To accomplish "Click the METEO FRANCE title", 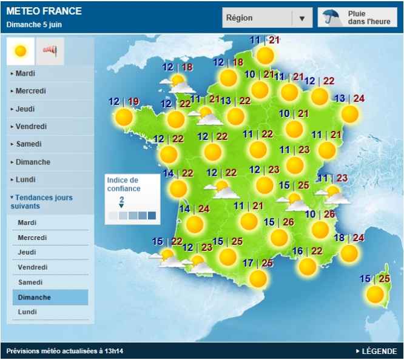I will tap(44, 11).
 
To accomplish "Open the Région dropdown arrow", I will tap(301, 18).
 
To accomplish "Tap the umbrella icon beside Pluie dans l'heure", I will tap(331, 17).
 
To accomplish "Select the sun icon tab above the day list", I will tap(21, 52).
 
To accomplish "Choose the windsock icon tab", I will tap(49, 52).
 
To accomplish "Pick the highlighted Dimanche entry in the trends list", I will tap(35, 298).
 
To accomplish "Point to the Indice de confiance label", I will tap(123, 184).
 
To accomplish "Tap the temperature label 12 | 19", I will tap(124, 102).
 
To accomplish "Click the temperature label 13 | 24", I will tap(349, 99).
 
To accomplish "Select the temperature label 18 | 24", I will tap(349, 238).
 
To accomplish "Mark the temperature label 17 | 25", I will tap(258, 264).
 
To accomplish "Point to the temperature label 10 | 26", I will tap(320, 215).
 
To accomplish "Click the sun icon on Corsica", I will tap(375, 295).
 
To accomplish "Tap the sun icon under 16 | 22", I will tap(308, 266).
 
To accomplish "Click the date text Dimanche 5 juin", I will tap(34, 25).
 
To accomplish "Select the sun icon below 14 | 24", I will tap(194, 225).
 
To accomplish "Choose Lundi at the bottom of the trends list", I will tap(27, 312).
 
